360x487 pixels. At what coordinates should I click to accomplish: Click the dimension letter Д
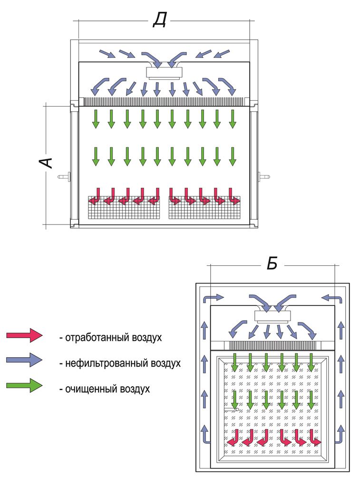pyautogui.click(x=159, y=20)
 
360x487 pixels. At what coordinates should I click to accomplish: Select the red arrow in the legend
pyautogui.click(x=24, y=335)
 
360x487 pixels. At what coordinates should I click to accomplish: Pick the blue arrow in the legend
pyautogui.click(x=24, y=360)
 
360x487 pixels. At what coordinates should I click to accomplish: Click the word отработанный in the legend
pyautogui.click(x=91, y=338)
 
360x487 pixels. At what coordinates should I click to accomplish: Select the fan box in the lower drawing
pyautogui.click(x=272, y=315)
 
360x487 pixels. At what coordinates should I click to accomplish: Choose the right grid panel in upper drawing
pyautogui.click(x=205, y=208)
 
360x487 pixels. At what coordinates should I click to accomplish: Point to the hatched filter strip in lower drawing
pyautogui.click(x=272, y=346)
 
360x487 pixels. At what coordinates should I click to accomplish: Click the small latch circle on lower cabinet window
pyautogui.click(x=237, y=409)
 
